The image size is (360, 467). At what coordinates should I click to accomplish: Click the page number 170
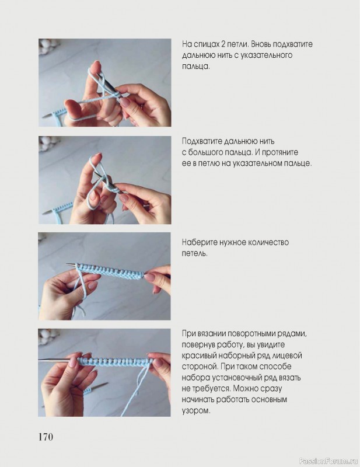[46, 437]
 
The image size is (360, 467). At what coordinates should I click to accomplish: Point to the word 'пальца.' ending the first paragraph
[196, 66]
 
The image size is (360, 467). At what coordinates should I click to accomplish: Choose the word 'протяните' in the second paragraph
[281, 152]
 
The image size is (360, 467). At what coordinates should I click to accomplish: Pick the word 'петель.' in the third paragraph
[194, 253]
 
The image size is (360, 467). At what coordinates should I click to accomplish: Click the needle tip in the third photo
[67, 264]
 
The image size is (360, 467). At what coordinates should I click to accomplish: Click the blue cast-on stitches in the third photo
[110, 271]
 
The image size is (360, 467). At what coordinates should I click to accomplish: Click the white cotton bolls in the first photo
[48, 46]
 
